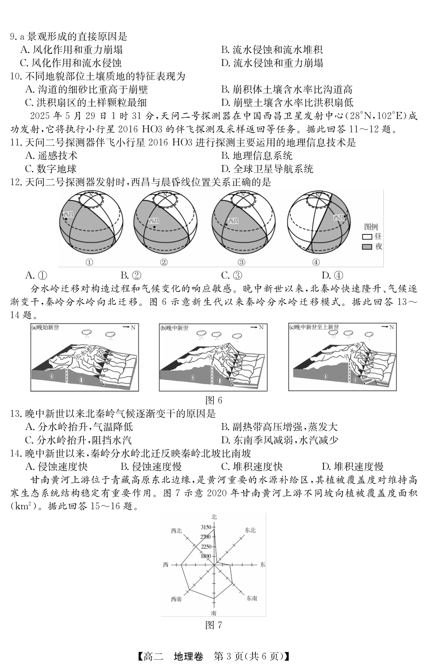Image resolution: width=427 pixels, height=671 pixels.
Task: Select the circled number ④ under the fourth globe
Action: coord(316,262)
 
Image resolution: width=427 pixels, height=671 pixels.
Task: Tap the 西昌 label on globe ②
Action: coord(154,221)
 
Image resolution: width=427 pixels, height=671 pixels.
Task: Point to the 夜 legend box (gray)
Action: coord(367,247)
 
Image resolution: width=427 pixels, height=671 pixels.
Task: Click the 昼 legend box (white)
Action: coord(367,237)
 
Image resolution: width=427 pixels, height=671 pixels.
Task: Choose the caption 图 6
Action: coord(213,400)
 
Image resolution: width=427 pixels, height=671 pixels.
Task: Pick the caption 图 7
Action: coord(213,625)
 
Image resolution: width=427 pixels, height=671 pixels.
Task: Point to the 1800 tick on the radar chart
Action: coord(206,556)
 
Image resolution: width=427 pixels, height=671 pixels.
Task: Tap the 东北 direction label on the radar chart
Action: coord(250,530)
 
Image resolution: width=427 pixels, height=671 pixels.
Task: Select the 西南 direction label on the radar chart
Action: coord(176,599)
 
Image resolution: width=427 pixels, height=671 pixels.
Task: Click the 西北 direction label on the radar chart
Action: coord(177,531)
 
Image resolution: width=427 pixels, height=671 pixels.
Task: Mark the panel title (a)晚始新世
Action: coord(45,327)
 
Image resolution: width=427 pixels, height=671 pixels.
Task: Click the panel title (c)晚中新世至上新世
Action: coord(314,327)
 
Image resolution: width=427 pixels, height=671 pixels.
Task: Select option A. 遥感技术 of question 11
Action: coord(52,155)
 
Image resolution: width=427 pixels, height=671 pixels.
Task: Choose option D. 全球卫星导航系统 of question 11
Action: coord(267,169)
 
